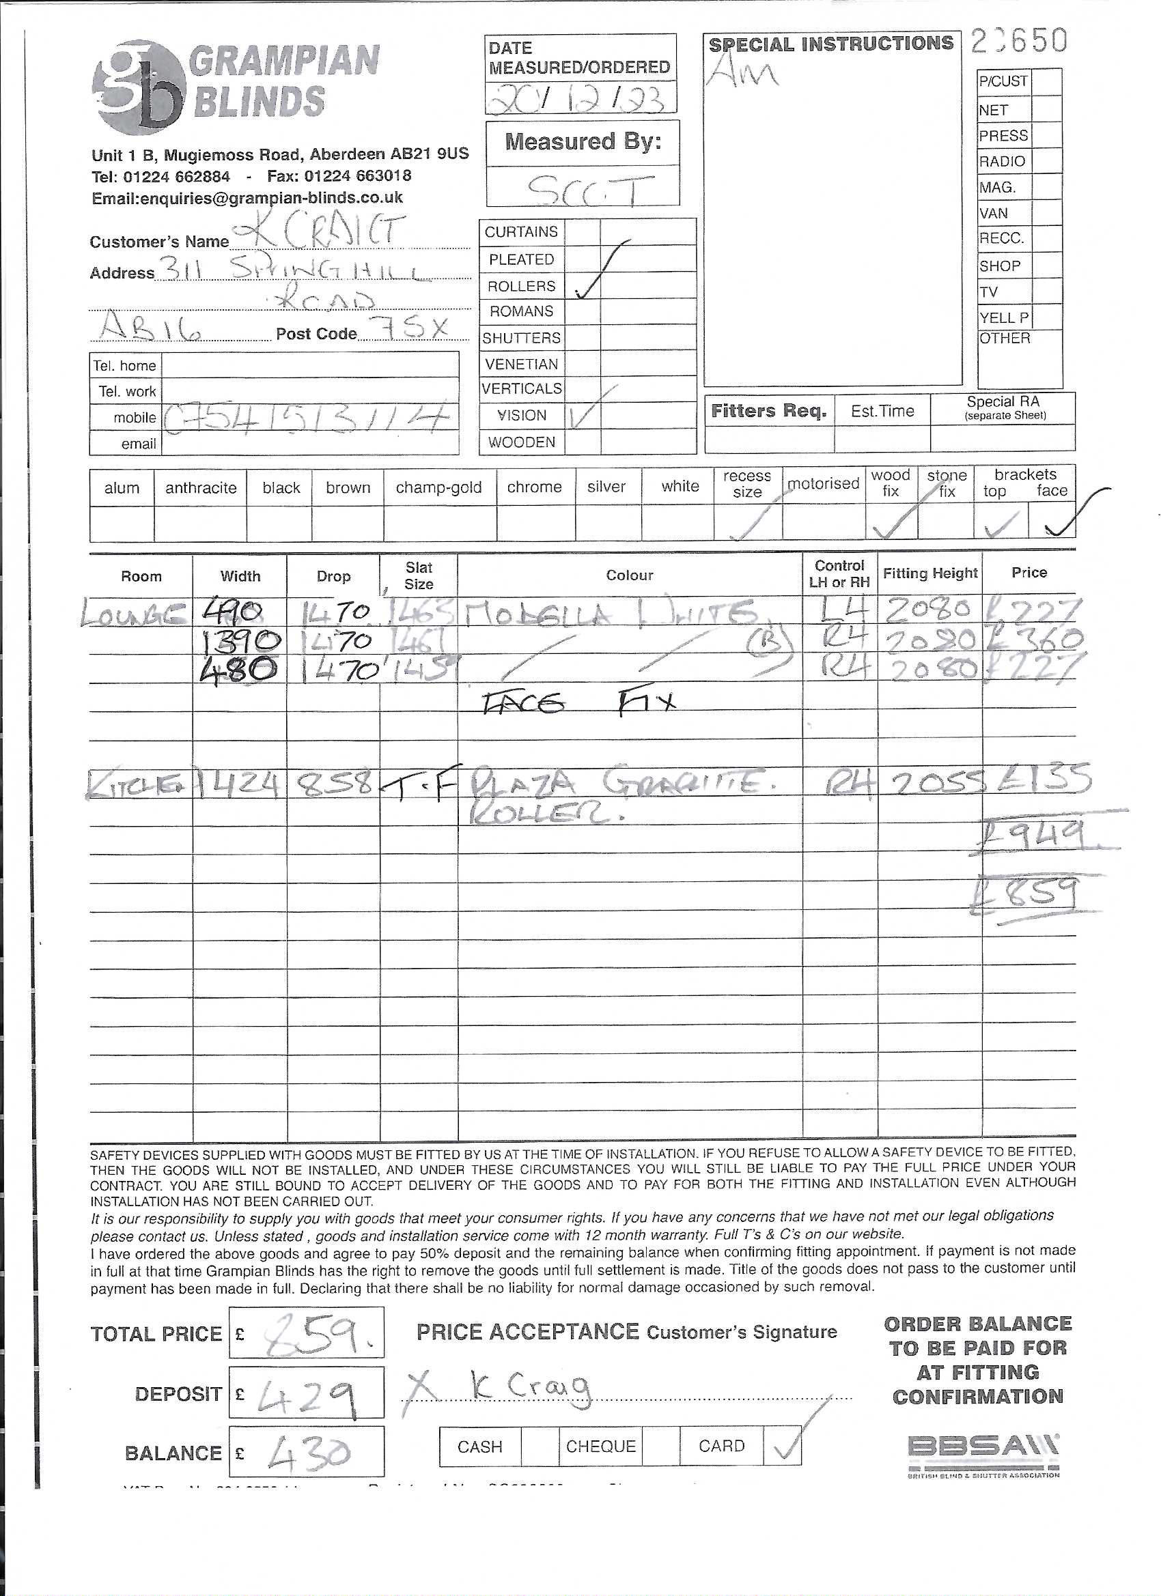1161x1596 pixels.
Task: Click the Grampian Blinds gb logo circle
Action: coord(139,89)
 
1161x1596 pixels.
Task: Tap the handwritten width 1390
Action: coord(242,641)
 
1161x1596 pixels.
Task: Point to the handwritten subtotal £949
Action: coord(1032,838)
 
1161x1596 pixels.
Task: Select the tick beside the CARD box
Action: coord(786,1444)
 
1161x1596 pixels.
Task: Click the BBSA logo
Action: coord(983,1452)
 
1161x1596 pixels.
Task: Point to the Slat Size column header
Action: coord(418,575)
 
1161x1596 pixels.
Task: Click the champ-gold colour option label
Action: coord(438,487)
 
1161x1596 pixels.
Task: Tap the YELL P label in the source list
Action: coord(1003,318)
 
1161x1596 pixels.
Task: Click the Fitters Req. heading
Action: coord(769,411)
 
